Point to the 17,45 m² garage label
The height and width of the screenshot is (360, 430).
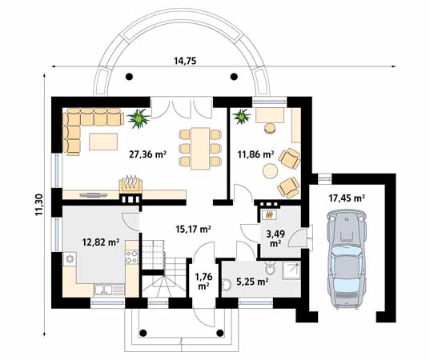tap(348, 197)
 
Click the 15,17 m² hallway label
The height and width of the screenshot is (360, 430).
tap(193, 229)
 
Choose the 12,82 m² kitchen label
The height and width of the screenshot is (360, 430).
tap(101, 242)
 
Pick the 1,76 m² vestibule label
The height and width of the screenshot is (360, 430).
tap(203, 281)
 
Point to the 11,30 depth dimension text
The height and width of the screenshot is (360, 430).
tap(38, 204)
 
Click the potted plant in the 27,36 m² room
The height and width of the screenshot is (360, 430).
tap(139, 119)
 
